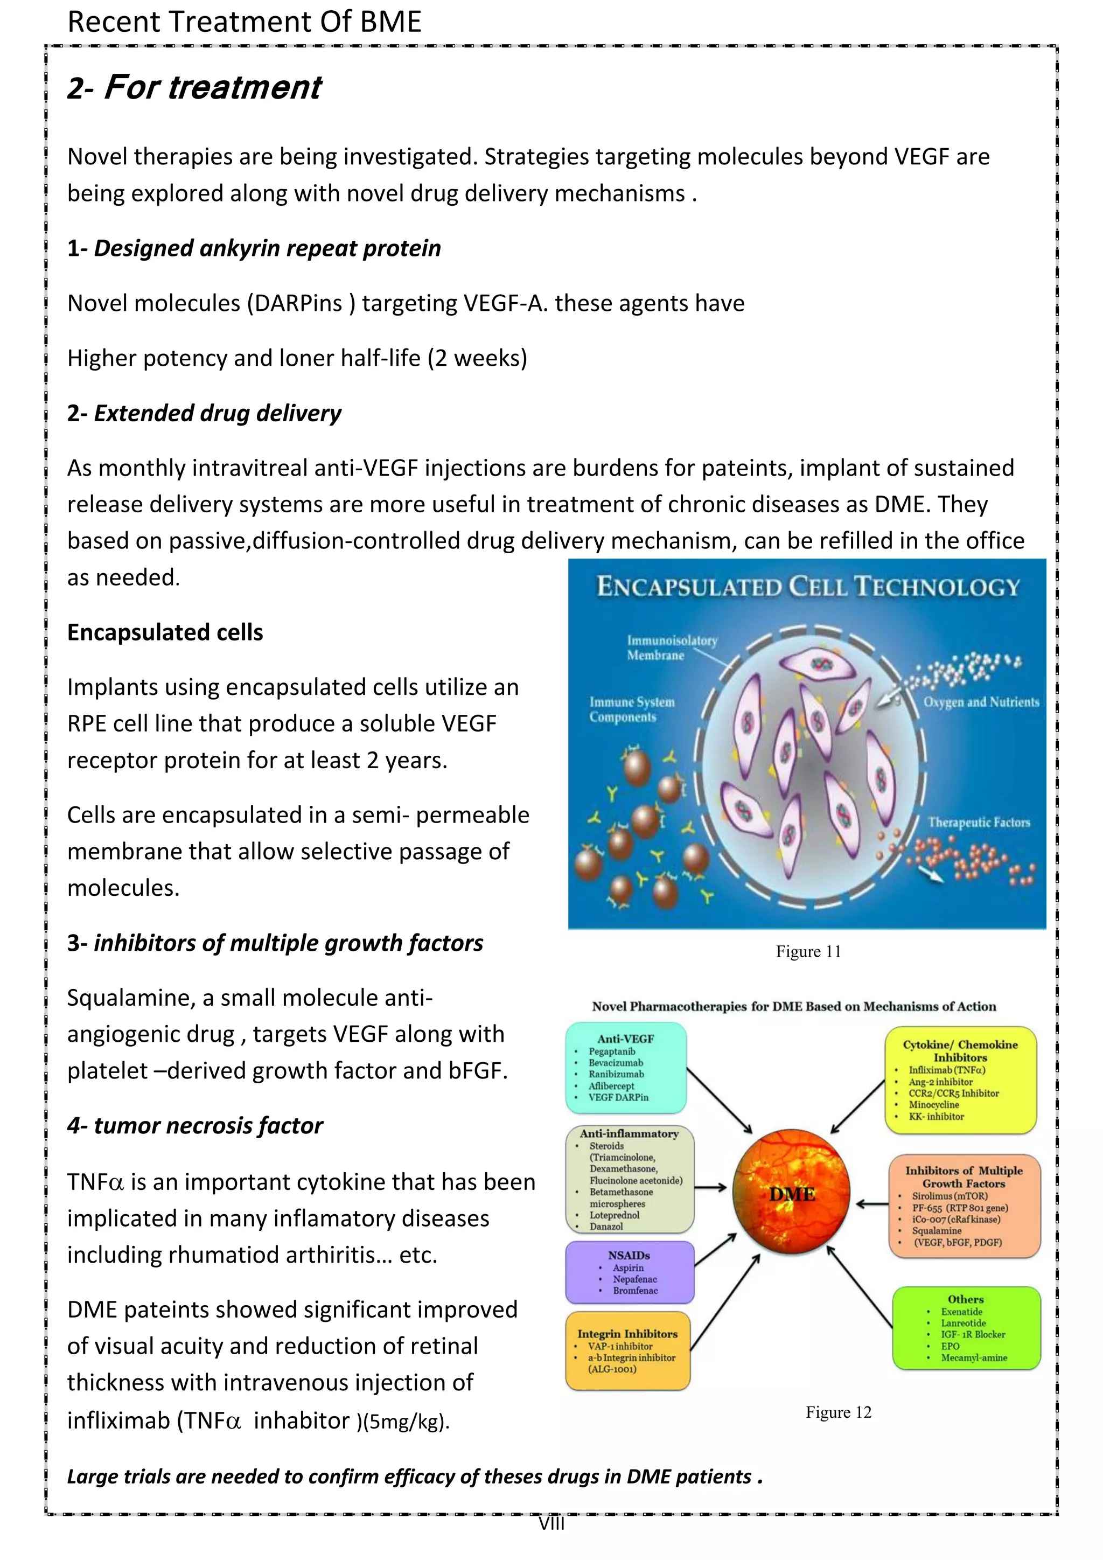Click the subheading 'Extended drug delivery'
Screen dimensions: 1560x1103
218,413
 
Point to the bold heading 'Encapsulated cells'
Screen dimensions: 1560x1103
165,632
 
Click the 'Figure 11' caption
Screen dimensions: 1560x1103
808,952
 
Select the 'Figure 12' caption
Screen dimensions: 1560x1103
838,1412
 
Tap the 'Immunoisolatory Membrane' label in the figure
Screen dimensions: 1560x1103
671,648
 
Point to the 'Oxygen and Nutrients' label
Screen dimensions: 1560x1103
981,702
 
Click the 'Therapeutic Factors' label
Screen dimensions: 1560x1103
979,822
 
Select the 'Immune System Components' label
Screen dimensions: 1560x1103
632,709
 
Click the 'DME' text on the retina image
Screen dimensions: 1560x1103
792,1194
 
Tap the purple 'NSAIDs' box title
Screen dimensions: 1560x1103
629,1256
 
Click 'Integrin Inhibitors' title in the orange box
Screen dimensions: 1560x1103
627,1334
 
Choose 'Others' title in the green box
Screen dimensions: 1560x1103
965,1299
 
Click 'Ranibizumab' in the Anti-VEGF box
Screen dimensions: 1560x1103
616,1074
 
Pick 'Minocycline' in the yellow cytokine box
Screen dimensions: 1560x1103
934,1105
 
